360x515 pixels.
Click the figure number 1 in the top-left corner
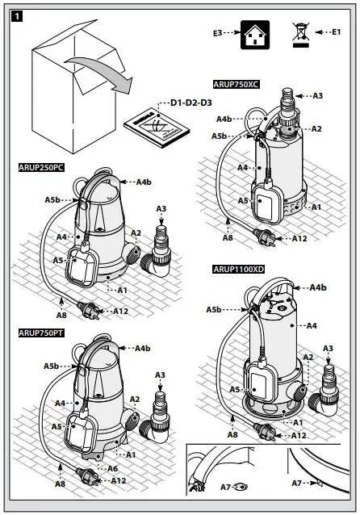click(x=15, y=15)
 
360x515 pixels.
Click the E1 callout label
click(x=336, y=31)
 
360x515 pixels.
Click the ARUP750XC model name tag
click(x=237, y=83)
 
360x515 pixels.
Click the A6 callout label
click(x=112, y=467)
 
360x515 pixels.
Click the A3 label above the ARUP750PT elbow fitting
click(x=160, y=375)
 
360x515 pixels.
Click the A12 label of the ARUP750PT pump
click(x=119, y=480)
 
